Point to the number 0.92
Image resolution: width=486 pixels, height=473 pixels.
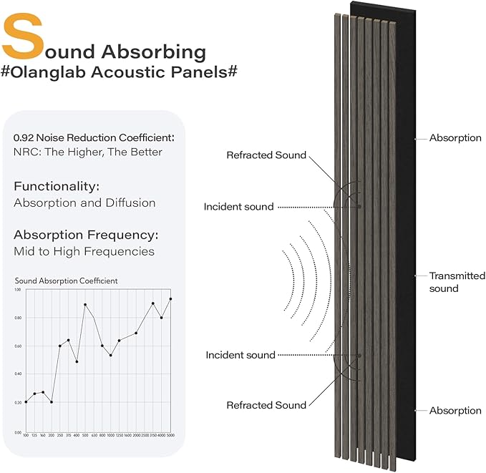coord(25,137)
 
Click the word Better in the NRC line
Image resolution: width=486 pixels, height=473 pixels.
coord(144,152)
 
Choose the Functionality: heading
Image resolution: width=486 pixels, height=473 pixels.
coord(57,186)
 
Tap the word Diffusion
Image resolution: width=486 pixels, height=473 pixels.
coord(130,203)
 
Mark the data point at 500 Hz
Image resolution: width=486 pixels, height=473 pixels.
coord(85,305)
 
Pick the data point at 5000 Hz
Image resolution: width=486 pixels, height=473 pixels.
coord(170,299)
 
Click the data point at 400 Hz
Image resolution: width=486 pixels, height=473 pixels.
coord(77,361)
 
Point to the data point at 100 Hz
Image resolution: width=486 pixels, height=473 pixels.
coord(26,402)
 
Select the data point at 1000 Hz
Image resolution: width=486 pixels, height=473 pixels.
coord(110,355)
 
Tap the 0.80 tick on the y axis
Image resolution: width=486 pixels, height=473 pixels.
coord(18,318)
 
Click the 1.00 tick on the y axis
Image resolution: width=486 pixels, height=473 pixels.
coord(18,289)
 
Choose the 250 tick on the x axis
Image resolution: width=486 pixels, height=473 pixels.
coord(59,435)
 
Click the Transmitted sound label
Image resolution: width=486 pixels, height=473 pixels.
coord(457,282)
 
